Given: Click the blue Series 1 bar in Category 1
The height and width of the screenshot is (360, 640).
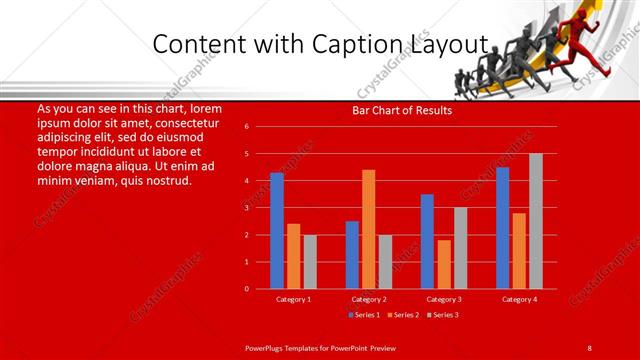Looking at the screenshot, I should click(277, 231).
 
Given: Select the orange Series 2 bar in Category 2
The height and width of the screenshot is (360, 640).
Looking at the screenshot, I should click(368, 229).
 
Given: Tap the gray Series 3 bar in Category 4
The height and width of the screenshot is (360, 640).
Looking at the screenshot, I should click(536, 221).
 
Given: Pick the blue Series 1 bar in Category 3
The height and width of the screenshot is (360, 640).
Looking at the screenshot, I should click(427, 241).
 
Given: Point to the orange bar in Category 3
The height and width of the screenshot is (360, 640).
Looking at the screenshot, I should click(443, 264).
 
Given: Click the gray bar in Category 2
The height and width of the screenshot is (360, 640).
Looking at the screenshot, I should click(385, 262).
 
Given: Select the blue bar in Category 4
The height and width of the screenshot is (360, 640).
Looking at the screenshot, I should click(502, 228).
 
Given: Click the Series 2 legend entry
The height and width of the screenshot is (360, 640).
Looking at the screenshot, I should click(403, 315).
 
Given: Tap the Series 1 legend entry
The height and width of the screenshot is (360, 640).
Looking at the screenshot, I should click(363, 315).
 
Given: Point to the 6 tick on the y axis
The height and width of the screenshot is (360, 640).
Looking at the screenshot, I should click(246, 127).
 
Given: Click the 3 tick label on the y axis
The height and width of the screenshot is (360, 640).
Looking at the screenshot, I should click(246, 208).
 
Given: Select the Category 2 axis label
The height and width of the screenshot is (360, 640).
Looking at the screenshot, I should click(368, 299).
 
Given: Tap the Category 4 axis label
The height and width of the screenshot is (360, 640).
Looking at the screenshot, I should click(518, 299).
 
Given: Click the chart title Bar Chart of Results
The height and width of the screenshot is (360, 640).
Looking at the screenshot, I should click(402, 111).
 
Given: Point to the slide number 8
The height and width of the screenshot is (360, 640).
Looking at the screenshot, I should click(589, 347).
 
